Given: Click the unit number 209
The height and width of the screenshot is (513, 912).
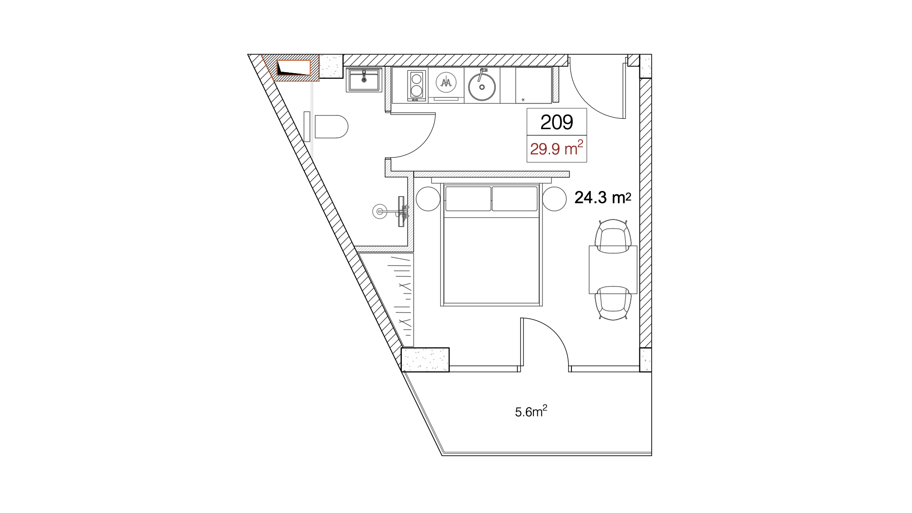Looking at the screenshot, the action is (557, 122).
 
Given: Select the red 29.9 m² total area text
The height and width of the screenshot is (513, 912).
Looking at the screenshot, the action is (556, 148).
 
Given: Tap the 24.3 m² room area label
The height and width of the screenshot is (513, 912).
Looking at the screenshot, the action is (603, 197).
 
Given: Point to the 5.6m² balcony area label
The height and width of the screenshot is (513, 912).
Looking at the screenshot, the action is (531, 411).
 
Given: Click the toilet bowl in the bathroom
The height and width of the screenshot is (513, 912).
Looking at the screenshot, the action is (331, 126).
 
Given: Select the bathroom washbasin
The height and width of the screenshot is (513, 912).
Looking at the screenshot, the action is (364, 80).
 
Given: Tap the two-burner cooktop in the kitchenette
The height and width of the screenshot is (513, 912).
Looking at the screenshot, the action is (417, 85).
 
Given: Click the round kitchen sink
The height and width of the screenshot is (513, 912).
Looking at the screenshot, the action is (482, 86).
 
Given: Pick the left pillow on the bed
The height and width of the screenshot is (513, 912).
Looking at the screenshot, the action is (468, 199).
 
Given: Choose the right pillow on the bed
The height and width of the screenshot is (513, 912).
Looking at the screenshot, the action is (514, 199).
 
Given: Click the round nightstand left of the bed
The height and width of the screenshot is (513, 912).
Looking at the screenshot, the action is (428, 199).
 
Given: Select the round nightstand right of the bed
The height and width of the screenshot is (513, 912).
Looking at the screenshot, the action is (554, 199).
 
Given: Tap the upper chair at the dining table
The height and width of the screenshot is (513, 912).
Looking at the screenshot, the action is (613, 236).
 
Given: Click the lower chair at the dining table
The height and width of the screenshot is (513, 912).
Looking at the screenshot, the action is (613, 303).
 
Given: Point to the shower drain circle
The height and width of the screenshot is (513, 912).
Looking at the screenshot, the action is (380, 211).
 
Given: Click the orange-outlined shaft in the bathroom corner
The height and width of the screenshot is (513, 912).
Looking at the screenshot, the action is (294, 67).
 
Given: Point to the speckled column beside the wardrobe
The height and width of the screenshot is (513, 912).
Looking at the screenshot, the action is (425, 360).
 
